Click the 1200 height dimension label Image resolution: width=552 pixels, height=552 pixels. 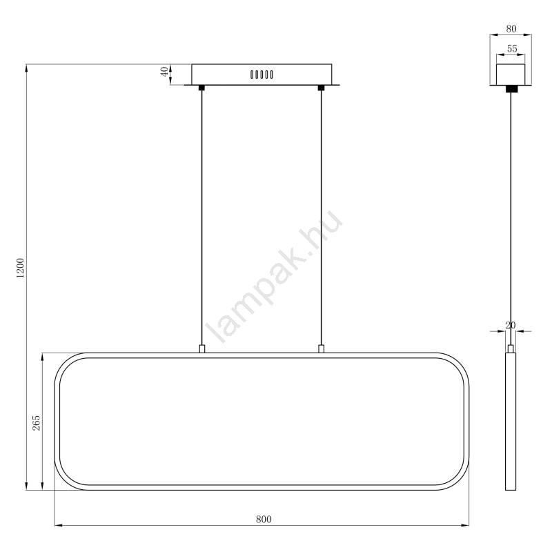click(x=21, y=268)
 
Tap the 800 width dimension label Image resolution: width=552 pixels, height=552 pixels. click(x=264, y=520)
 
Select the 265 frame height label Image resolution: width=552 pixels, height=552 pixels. click(x=37, y=423)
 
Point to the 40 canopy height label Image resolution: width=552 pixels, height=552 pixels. click(x=164, y=72)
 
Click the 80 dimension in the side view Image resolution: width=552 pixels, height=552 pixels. click(x=511, y=29)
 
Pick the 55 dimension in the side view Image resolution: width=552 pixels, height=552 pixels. click(x=512, y=48)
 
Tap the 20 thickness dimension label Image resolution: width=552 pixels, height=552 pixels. click(x=511, y=325)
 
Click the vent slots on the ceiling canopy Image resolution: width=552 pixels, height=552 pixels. click(x=262, y=75)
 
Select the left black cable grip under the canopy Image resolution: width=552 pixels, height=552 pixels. click(x=201, y=88)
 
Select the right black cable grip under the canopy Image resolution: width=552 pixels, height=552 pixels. click(x=321, y=88)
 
